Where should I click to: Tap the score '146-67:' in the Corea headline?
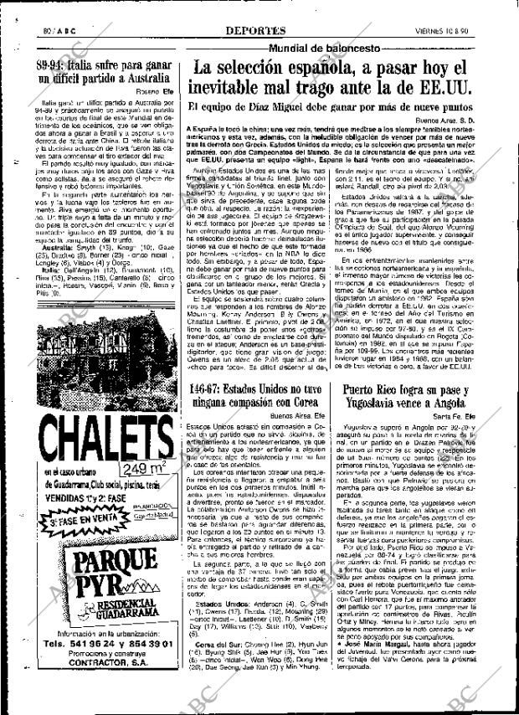tap(208, 388)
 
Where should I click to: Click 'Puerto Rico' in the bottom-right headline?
tap(374, 388)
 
